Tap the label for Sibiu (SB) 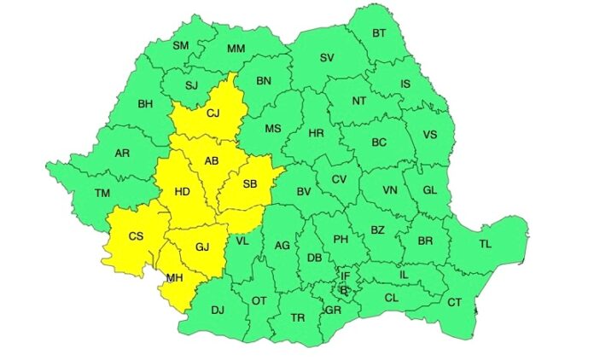[x=251, y=184]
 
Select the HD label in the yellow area [x=182, y=192]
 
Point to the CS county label [x=135, y=236]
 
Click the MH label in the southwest [x=175, y=277]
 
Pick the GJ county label [x=202, y=247]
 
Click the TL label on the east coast [x=485, y=244]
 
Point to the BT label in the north [x=381, y=34]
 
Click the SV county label [x=326, y=58]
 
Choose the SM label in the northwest [x=181, y=45]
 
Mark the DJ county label [x=218, y=310]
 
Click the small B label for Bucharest [x=344, y=290]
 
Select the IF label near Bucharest [x=345, y=276]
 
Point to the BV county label [x=303, y=193]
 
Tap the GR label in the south [x=333, y=310]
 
